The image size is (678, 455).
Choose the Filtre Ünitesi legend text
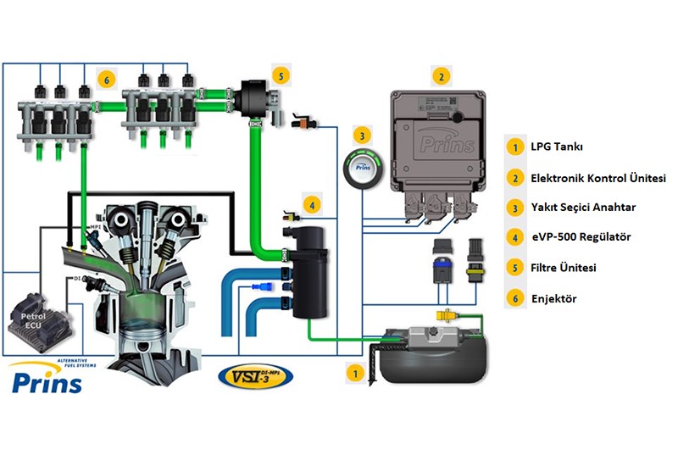[x=564, y=268]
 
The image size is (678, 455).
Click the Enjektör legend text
[x=553, y=298]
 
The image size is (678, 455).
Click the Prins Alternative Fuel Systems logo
[x=48, y=377]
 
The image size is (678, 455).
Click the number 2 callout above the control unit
[x=441, y=75]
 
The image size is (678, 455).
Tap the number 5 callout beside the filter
[x=281, y=74]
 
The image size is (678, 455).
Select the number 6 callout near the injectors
[x=105, y=79]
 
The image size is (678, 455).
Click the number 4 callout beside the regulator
[x=312, y=205]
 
